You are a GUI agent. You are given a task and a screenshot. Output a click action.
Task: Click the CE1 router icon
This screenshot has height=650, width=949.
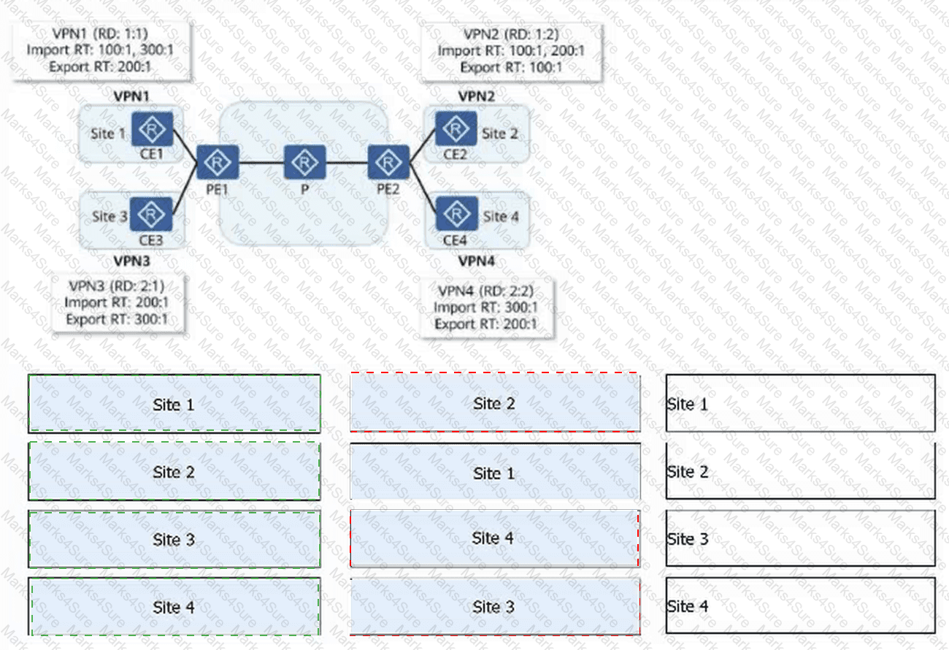[153, 129]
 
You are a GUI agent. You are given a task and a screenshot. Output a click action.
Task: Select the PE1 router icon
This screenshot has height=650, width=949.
[218, 162]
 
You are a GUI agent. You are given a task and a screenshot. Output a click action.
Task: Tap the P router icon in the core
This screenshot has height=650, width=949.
[304, 162]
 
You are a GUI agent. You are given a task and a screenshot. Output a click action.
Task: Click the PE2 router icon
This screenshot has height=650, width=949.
[388, 162]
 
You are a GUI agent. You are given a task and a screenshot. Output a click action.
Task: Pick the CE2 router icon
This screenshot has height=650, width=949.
[456, 129]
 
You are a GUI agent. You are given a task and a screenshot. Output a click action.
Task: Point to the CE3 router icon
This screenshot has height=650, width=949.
[151, 215]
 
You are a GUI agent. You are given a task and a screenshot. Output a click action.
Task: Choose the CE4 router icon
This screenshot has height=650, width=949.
[457, 213]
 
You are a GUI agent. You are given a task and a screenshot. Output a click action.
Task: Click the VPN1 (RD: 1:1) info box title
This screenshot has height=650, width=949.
[100, 34]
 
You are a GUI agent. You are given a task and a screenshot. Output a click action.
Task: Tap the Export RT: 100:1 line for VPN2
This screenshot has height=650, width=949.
[511, 67]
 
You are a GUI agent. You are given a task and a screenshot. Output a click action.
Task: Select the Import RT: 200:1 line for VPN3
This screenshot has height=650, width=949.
[117, 302]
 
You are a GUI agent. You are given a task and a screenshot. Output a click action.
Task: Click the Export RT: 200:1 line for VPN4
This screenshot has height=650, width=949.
[486, 324]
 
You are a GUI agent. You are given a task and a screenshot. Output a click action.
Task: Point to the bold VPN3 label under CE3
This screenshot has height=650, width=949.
[131, 261]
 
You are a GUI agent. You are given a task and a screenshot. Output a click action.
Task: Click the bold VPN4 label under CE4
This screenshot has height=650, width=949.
[477, 261]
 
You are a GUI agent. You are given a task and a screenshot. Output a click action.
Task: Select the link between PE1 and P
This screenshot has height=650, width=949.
[261, 162]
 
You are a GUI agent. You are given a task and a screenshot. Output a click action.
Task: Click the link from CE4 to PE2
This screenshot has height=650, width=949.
[423, 188]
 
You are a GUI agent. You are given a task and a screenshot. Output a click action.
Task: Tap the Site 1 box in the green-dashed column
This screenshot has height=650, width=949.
[174, 404]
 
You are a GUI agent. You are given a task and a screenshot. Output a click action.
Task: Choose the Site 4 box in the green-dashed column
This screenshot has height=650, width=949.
[174, 607]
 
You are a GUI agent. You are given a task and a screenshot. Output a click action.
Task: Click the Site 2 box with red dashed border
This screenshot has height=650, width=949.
[495, 402]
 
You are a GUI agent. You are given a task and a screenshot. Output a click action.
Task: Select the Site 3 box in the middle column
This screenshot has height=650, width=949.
[495, 607]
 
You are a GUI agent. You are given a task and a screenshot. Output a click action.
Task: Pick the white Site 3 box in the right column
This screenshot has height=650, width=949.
[800, 538]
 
